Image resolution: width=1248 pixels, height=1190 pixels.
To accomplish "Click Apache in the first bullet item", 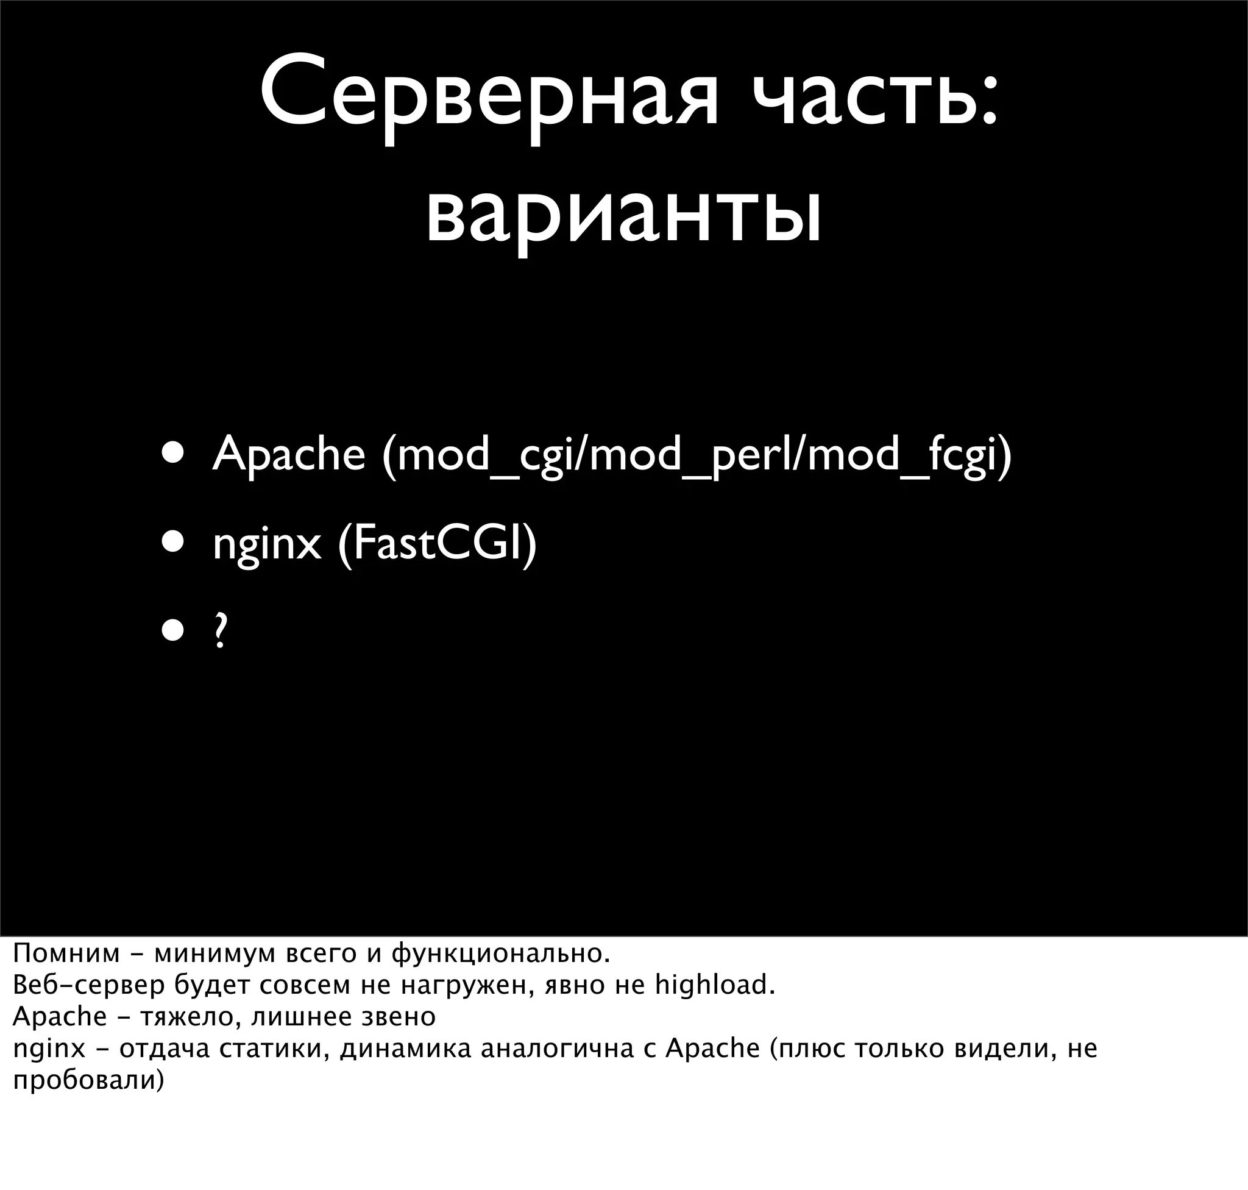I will point(288,455).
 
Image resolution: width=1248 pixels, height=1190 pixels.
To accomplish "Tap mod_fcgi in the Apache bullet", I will point(901,455).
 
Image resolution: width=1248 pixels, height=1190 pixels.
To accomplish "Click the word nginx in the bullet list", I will point(267,544).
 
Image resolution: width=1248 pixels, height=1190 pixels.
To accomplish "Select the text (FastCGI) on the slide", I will point(438,544).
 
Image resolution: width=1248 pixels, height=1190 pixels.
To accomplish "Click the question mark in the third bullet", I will point(220,631).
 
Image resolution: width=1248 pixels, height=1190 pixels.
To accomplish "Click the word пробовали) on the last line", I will point(89,1080).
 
